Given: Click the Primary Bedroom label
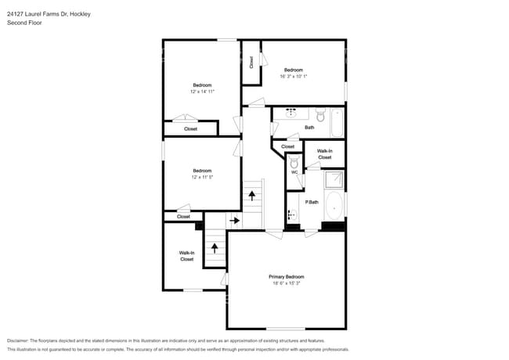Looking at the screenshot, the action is tap(287, 276).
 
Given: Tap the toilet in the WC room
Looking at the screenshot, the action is tap(294, 162).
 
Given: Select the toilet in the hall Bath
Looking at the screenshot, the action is tap(320, 115).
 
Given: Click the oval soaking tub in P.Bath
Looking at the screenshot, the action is tap(334, 206).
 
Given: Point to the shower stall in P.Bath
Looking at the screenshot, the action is tap(334, 179).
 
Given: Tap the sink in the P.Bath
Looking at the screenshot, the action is tap(292, 214).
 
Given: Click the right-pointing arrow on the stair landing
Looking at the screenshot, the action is tap(234, 221).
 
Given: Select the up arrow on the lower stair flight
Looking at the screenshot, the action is tap(215, 248).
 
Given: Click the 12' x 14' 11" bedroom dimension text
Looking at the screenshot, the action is tap(202, 92).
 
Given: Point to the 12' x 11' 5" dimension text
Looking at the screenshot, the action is tap(202, 177).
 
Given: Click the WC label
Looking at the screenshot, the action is tap(294, 172).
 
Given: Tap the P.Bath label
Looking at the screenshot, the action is tap(312, 202).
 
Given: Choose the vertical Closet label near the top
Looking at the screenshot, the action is tap(251, 63).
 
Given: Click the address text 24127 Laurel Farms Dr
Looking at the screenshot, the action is tap(38, 14).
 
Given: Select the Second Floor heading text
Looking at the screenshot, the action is tap(24, 23).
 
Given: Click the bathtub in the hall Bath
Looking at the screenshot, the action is tap(337, 123).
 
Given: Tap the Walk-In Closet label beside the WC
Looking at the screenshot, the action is tap(325, 154).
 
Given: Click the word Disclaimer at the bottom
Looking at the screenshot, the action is tap(18, 340).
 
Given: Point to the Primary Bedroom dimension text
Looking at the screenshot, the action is tap(287, 283).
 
